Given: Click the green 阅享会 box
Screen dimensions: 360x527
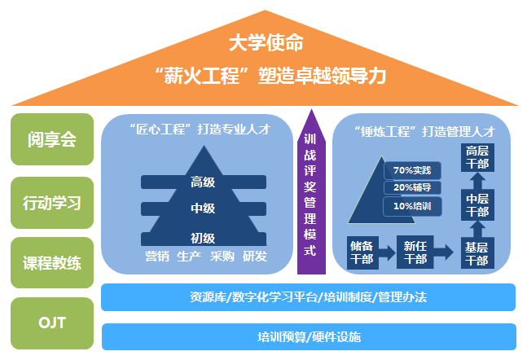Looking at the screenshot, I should [51, 140].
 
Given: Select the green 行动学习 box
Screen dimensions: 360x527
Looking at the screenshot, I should [51, 202].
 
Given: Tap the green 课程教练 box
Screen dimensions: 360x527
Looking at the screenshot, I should [51, 263].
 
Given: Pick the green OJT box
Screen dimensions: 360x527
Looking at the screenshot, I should [51, 323].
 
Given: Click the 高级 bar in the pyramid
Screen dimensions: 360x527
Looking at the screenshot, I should [203, 182].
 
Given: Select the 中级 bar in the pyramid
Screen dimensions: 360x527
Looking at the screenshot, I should [203, 209].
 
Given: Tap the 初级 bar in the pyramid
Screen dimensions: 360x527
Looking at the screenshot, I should [203, 238].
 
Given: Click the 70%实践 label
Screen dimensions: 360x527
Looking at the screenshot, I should [411, 170].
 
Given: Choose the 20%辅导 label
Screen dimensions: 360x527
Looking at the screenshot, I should [411, 187].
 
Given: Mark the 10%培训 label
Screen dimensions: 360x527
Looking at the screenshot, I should [411, 206].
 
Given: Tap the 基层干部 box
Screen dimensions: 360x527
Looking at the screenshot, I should [476, 253].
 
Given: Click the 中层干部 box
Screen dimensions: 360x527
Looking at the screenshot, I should [476, 204].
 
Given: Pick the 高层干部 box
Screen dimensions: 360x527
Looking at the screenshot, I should [477, 157].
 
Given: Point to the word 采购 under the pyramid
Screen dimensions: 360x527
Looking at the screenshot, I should [222, 257].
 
